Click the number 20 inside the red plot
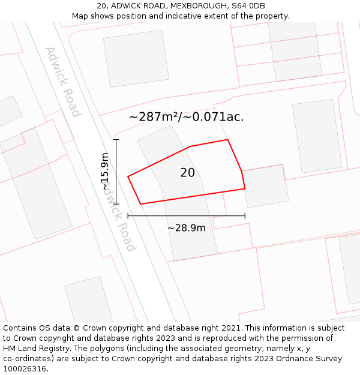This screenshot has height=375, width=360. point(187,173)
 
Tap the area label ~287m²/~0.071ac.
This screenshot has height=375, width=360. point(186,117)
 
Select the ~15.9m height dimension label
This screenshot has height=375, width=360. point(106,172)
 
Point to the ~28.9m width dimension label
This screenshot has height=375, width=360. point(186,228)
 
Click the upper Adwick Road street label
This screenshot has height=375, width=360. point(62,82)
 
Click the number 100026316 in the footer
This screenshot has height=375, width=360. point(26,369)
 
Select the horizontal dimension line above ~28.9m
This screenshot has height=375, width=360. point(186,215)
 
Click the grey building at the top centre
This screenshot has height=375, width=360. point(136,58)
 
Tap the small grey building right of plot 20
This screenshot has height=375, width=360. point(265,186)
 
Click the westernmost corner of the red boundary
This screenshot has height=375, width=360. point(128,176)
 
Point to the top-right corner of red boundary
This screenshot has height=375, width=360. point(227,140)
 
